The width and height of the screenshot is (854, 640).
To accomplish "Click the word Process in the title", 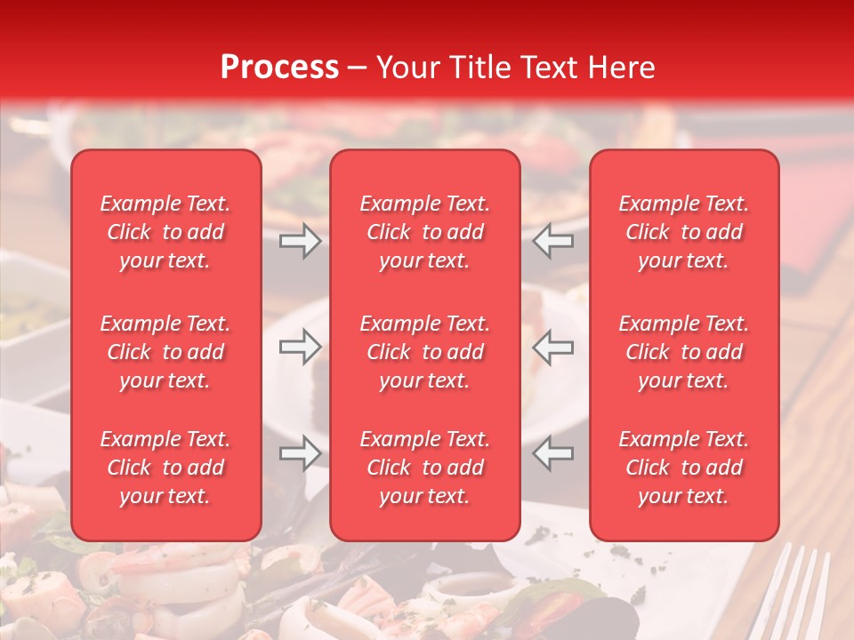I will click(x=279, y=68).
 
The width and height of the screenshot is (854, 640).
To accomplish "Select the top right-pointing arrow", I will click(x=300, y=241).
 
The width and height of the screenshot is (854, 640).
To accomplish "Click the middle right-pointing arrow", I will click(x=300, y=347).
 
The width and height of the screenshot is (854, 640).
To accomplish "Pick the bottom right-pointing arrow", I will click(x=300, y=453).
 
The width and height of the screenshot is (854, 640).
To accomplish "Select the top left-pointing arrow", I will click(x=553, y=241).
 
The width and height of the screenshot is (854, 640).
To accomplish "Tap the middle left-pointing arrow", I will click(x=553, y=347).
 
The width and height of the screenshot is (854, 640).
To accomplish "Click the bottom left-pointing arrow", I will click(x=553, y=453).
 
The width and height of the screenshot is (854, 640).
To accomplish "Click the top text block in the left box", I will click(x=165, y=232).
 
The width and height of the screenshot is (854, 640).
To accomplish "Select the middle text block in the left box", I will click(x=165, y=352).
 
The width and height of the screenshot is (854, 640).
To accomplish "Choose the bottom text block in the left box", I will click(x=165, y=468).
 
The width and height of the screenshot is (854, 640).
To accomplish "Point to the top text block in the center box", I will click(x=425, y=232).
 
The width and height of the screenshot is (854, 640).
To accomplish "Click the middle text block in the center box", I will click(x=425, y=352).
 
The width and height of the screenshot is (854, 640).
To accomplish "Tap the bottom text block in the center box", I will click(x=425, y=468).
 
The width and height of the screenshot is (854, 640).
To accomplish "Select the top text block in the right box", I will click(x=684, y=232).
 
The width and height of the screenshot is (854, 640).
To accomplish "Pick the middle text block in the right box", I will click(x=684, y=352).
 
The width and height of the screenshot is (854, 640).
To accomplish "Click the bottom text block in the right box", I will click(x=684, y=468).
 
